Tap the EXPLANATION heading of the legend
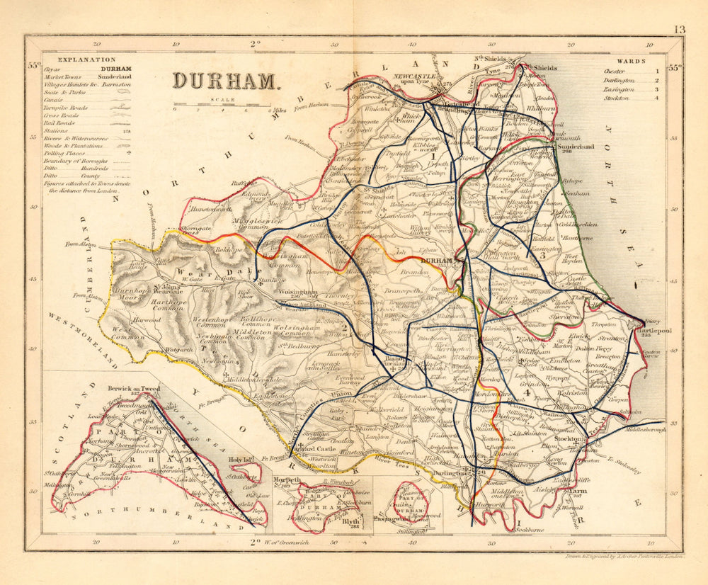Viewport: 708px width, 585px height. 87,61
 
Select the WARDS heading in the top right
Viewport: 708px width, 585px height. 631,62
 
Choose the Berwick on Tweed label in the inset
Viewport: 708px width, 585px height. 135,389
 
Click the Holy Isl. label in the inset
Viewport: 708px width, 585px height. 241,460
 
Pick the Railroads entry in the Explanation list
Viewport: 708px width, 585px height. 72,123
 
